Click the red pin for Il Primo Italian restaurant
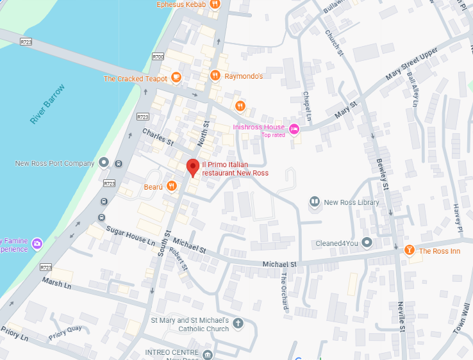click(x=192, y=167)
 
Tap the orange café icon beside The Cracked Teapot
click(x=176, y=78)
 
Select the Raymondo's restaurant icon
click(x=215, y=76)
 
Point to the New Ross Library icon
click(x=315, y=202)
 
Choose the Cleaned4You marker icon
click(x=367, y=243)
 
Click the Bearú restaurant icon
click(x=171, y=186)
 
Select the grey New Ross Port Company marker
click(x=104, y=163)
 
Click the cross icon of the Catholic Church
click(x=238, y=322)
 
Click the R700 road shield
click(x=158, y=57)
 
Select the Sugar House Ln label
click(x=131, y=236)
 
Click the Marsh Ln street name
click(x=56, y=282)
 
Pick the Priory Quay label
click(x=65, y=329)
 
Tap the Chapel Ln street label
click(x=306, y=106)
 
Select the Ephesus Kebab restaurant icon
click(x=215, y=4)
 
